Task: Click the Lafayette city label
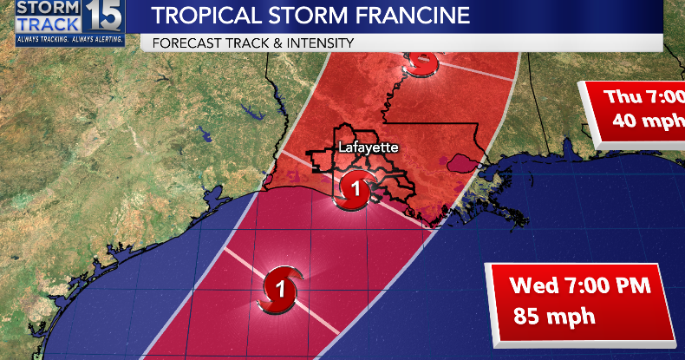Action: [369, 147]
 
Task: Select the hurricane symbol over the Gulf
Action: [280, 287]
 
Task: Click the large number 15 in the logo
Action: [106, 17]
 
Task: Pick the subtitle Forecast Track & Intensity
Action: [252, 43]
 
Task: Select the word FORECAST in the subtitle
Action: [185, 43]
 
